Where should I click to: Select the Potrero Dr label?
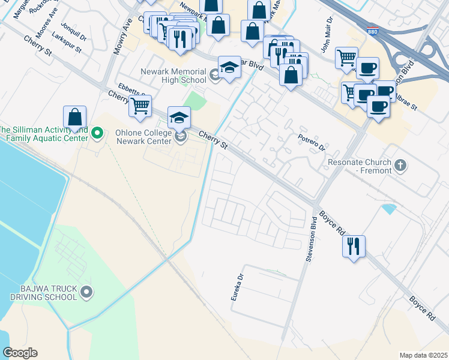click(x=312, y=143)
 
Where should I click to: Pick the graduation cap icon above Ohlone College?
click(x=179, y=117)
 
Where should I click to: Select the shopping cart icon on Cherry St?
click(x=140, y=106)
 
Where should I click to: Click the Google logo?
click(x=19, y=352)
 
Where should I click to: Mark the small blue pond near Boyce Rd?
click(x=389, y=209)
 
